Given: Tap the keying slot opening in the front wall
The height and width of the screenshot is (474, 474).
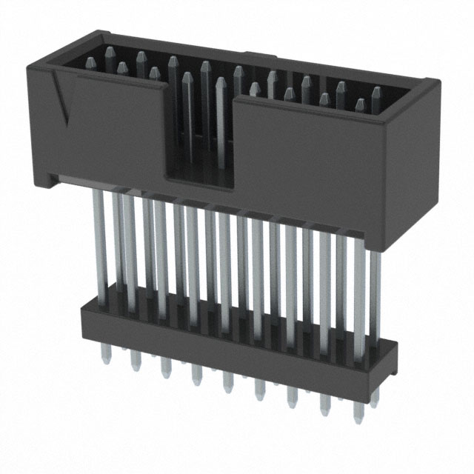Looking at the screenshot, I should coord(198,141).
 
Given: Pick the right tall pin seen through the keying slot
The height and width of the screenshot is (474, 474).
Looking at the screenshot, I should coord(219,118).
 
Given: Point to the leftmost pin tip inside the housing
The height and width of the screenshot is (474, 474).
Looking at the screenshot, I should coord(109,53).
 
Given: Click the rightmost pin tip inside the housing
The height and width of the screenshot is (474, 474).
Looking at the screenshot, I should coord(376,95).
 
